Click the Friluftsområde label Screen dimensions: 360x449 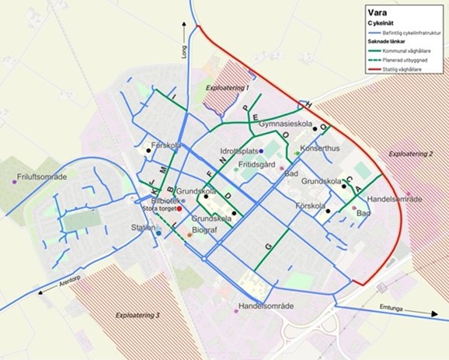pyautogui.click(x=42, y=177)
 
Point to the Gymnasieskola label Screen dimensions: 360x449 pyautogui.click(x=285, y=124)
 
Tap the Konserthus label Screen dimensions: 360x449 pyautogui.click(x=320, y=148)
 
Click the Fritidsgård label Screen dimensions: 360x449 pyautogui.click(x=256, y=165)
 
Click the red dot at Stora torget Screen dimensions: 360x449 pyautogui.click(x=179, y=208)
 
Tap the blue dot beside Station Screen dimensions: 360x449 pyautogui.click(x=158, y=232)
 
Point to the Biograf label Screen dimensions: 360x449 pyautogui.click(x=204, y=230)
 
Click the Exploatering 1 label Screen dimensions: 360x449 pyautogui.click(x=227, y=89)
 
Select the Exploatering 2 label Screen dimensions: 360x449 pyautogui.click(x=411, y=154)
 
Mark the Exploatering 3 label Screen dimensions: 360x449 pyautogui.click(x=137, y=316)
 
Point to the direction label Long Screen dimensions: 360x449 pyautogui.click(x=185, y=52)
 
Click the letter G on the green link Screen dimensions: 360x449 pyautogui.click(x=269, y=246)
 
